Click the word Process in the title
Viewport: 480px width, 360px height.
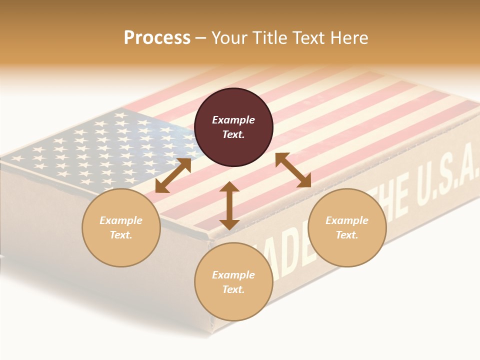[x=157, y=38]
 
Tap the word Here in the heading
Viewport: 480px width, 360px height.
[x=348, y=38]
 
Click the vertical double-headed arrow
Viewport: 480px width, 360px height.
[x=229, y=205]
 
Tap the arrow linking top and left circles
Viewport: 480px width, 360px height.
[x=173, y=175]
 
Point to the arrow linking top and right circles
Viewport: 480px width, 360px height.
[x=293, y=170]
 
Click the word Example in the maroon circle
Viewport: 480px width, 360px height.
[x=233, y=120]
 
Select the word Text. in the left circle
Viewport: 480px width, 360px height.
[x=121, y=235]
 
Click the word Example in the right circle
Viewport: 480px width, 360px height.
[x=347, y=220]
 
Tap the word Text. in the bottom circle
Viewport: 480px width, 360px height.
[x=233, y=289]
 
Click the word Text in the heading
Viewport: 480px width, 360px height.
[x=307, y=38]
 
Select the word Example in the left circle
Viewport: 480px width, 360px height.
[x=121, y=220]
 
